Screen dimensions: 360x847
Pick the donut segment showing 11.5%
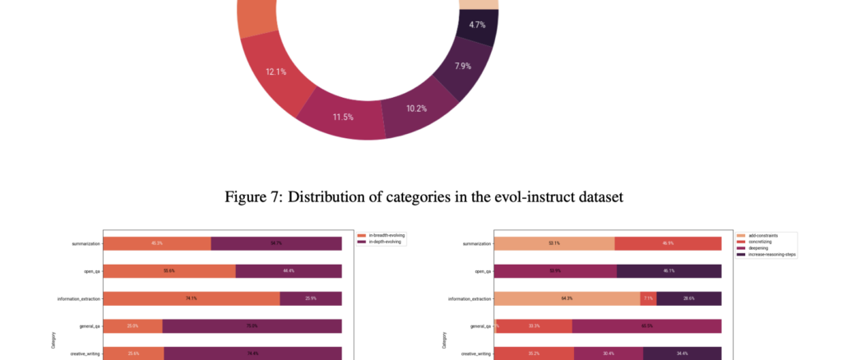pyautogui.click(x=343, y=118)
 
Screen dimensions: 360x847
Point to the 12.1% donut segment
pyautogui.click(x=277, y=72)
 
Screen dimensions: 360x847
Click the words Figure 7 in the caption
pyautogui.click(x=250, y=198)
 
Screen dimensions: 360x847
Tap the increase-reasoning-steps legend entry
pyautogui.click(x=766, y=255)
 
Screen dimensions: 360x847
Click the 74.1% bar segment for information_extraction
pyautogui.click(x=192, y=298)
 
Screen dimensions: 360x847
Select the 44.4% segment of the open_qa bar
pyautogui.click(x=288, y=270)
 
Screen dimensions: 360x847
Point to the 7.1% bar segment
pyautogui.click(x=648, y=298)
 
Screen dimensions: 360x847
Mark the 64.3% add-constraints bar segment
pyautogui.click(x=567, y=298)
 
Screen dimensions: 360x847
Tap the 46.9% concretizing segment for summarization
pyautogui.click(x=667, y=243)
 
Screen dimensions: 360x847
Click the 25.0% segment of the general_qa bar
pyautogui.click(x=132, y=326)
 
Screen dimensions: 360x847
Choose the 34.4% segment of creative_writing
pyautogui.click(x=682, y=353)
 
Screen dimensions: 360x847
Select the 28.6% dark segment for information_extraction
pyautogui.click(x=688, y=298)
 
